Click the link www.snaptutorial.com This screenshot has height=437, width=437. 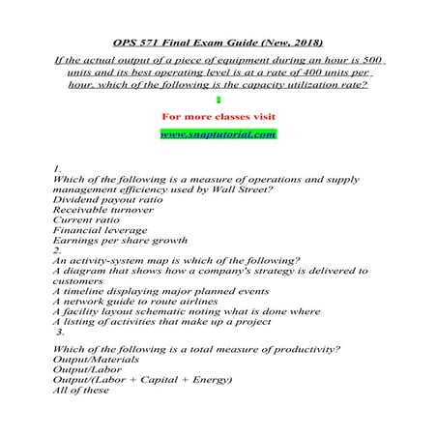218,133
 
